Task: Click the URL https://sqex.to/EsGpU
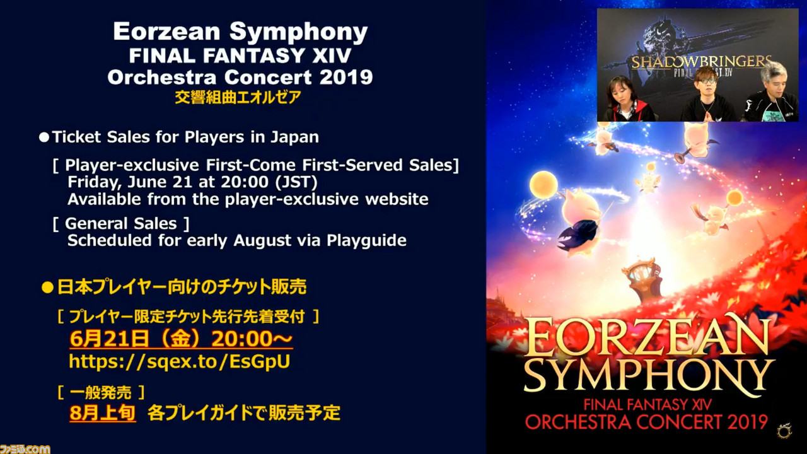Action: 180,361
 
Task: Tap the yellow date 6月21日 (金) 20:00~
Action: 181,339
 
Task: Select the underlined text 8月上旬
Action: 103,413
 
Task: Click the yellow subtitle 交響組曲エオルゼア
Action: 238,97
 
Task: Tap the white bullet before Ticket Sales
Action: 44,137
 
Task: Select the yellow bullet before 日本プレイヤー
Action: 47,288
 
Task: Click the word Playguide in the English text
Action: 366,241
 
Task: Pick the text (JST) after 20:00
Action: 296,182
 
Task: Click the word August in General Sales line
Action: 262,241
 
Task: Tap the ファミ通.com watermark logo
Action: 25,449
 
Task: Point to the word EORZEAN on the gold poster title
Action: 647,336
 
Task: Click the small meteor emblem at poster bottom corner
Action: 784,431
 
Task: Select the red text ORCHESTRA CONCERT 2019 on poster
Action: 646,422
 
